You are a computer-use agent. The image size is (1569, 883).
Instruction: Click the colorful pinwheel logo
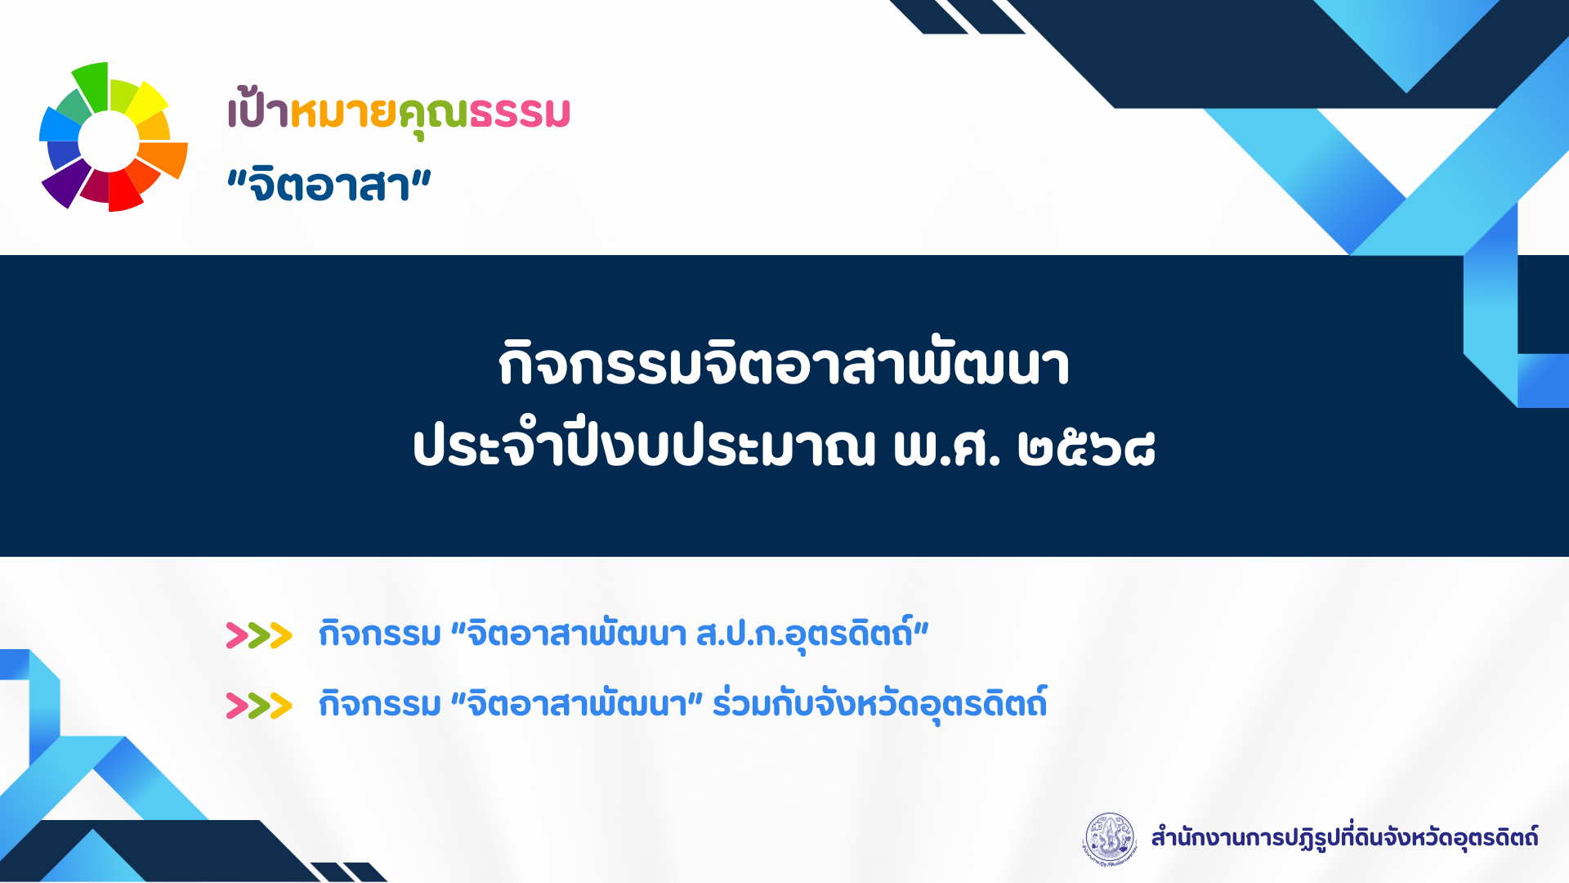pyautogui.click(x=113, y=137)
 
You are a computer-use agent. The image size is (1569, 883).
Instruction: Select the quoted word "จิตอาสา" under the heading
pyautogui.click(x=329, y=185)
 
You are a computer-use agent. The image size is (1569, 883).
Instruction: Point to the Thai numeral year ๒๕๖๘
pyautogui.click(x=1086, y=449)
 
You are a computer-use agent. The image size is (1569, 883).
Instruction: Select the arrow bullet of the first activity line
pyautogui.click(x=259, y=635)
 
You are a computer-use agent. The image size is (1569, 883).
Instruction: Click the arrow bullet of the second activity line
pyautogui.click(x=259, y=706)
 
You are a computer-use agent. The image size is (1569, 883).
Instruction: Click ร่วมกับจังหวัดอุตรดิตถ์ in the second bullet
pyautogui.click(x=880, y=704)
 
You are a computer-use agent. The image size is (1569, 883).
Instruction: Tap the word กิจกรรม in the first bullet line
pyautogui.click(x=380, y=634)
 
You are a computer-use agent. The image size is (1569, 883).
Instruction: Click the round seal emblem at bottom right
pyautogui.click(x=1110, y=838)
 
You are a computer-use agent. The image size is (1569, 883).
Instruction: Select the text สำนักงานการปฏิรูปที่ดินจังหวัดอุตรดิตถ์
pyautogui.click(x=1344, y=837)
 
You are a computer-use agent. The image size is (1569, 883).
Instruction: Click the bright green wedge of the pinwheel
pyautogui.click(x=92, y=86)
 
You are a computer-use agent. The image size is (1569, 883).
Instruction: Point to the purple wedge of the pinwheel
pyautogui.click(x=67, y=182)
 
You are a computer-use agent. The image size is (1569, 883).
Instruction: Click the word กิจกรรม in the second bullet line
pyautogui.click(x=380, y=705)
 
